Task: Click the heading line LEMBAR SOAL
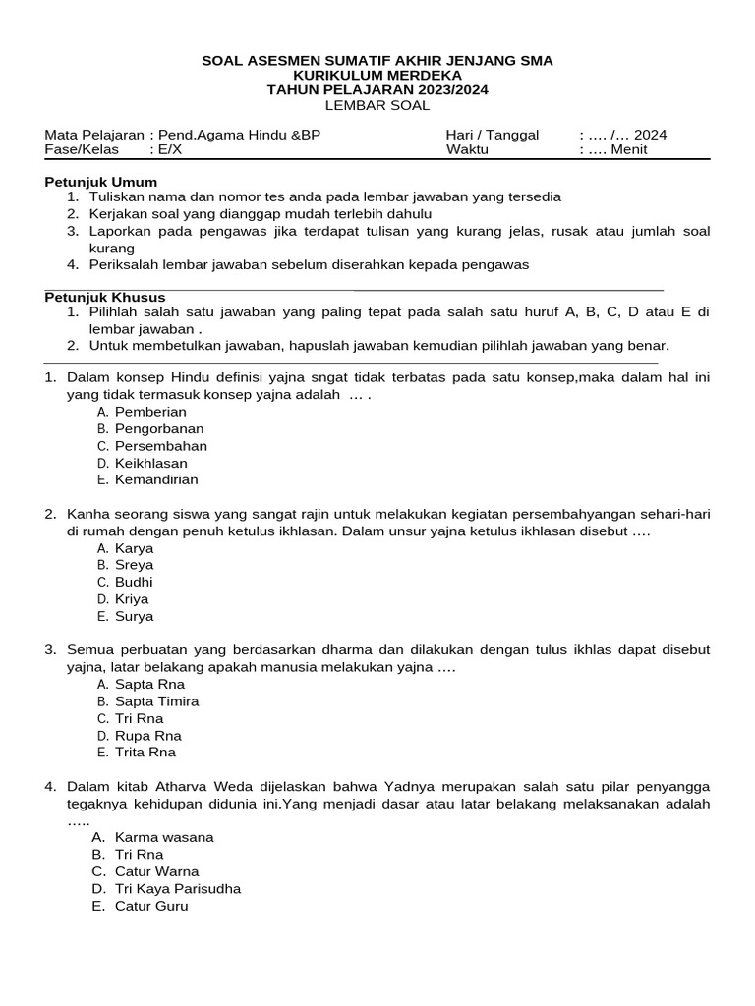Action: click(x=377, y=105)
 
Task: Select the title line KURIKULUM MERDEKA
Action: click(x=377, y=76)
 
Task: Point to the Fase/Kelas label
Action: click(x=82, y=149)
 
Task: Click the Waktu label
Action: click(x=467, y=149)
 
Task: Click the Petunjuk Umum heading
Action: click(x=101, y=182)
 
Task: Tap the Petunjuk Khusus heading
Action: click(x=105, y=297)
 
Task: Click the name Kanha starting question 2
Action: click(x=87, y=514)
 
